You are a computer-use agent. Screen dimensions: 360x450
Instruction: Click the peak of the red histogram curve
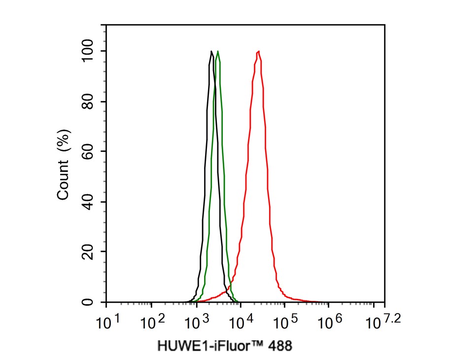click(x=259, y=51)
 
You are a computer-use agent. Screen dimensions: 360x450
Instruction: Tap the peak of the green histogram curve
click(x=218, y=51)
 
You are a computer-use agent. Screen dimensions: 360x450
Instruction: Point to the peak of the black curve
click(x=211, y=51)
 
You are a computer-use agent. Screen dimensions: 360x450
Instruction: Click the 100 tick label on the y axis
click(x=89, y=51)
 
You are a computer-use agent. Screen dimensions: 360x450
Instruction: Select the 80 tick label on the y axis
click(x=89, y=102)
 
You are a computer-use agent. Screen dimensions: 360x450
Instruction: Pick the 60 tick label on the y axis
click(x=89, y=152)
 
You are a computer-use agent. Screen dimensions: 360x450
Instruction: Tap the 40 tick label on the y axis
click(x=89, y=202)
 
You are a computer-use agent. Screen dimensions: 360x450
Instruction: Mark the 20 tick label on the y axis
click(x=89, y=252)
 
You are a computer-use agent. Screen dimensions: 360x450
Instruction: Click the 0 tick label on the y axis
click(x=89, y=302)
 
